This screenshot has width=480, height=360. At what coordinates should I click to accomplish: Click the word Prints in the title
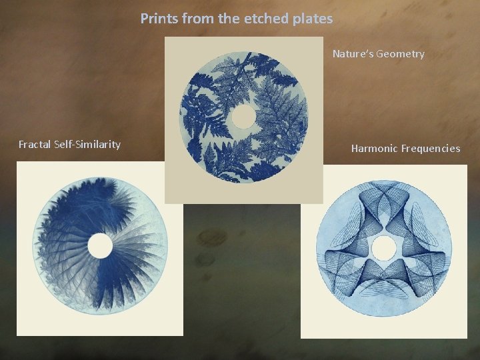pyautogui.click(x=158, y=19)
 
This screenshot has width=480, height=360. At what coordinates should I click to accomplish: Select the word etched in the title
pyautogui.click(x=265, y=19)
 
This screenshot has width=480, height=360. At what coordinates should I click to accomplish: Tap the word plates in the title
pyautogui.click(x=312, y=19)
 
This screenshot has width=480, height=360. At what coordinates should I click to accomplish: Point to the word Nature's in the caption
pyautogui.click(x=353, y=54)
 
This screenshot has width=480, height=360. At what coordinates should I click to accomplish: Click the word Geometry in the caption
pyautogui.click(x=400, y=54)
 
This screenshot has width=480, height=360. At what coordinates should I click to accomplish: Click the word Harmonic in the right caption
pyautogui.click(x=375, y=149)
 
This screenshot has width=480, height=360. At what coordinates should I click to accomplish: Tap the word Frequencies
pyautogui.click(x=431, y=149)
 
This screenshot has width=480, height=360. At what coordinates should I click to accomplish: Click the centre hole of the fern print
pyautogui.click(x=243, y=117)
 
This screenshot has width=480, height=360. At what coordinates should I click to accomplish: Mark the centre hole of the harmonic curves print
pyautogui.click(x=383, y=249)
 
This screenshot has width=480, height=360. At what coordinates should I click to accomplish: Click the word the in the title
pyautogui.click(x=229, y=19)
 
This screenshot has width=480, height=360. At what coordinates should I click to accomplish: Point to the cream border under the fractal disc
pyautogui.click(x=100, y=327)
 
